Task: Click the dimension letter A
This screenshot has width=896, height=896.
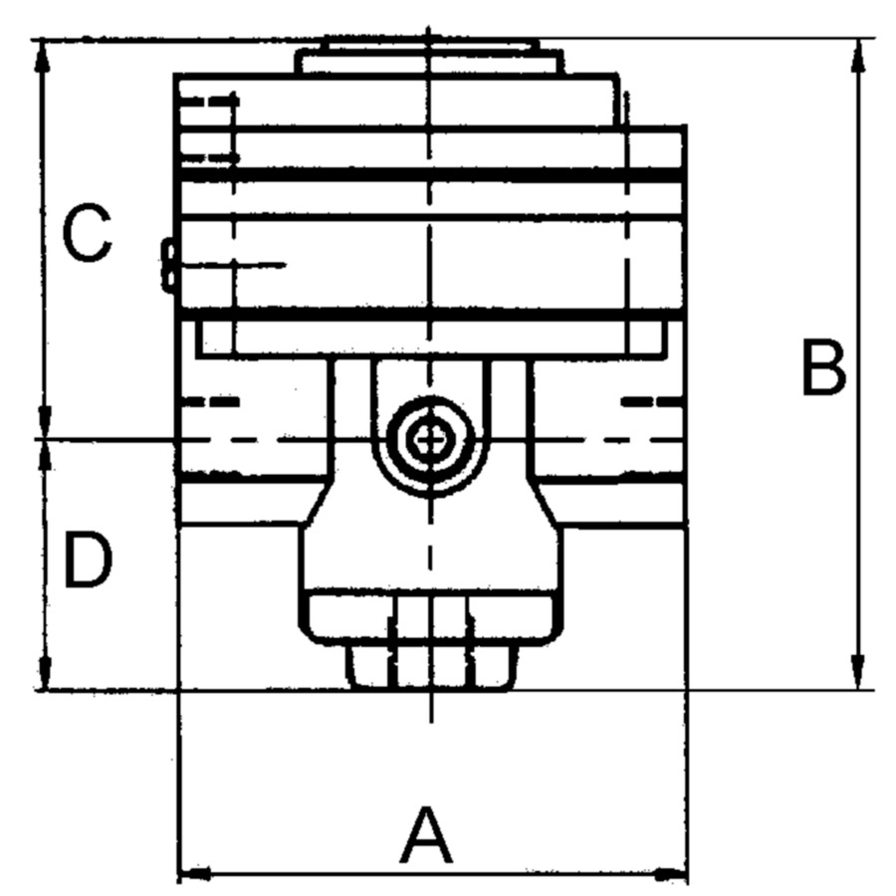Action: (x=427, y=835)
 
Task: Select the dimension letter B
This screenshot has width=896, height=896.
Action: (x=823, y=367)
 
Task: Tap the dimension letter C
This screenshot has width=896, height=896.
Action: (x=87, y=233)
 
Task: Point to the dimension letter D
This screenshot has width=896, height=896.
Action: (x=88, y=559)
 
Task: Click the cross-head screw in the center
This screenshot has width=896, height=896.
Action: (x=431, y=439)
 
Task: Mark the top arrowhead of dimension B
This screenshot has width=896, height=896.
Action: (x=857, y=56)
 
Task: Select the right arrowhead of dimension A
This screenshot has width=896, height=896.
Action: (x=670, y=874)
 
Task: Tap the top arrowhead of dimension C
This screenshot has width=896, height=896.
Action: (x=41, y=58)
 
